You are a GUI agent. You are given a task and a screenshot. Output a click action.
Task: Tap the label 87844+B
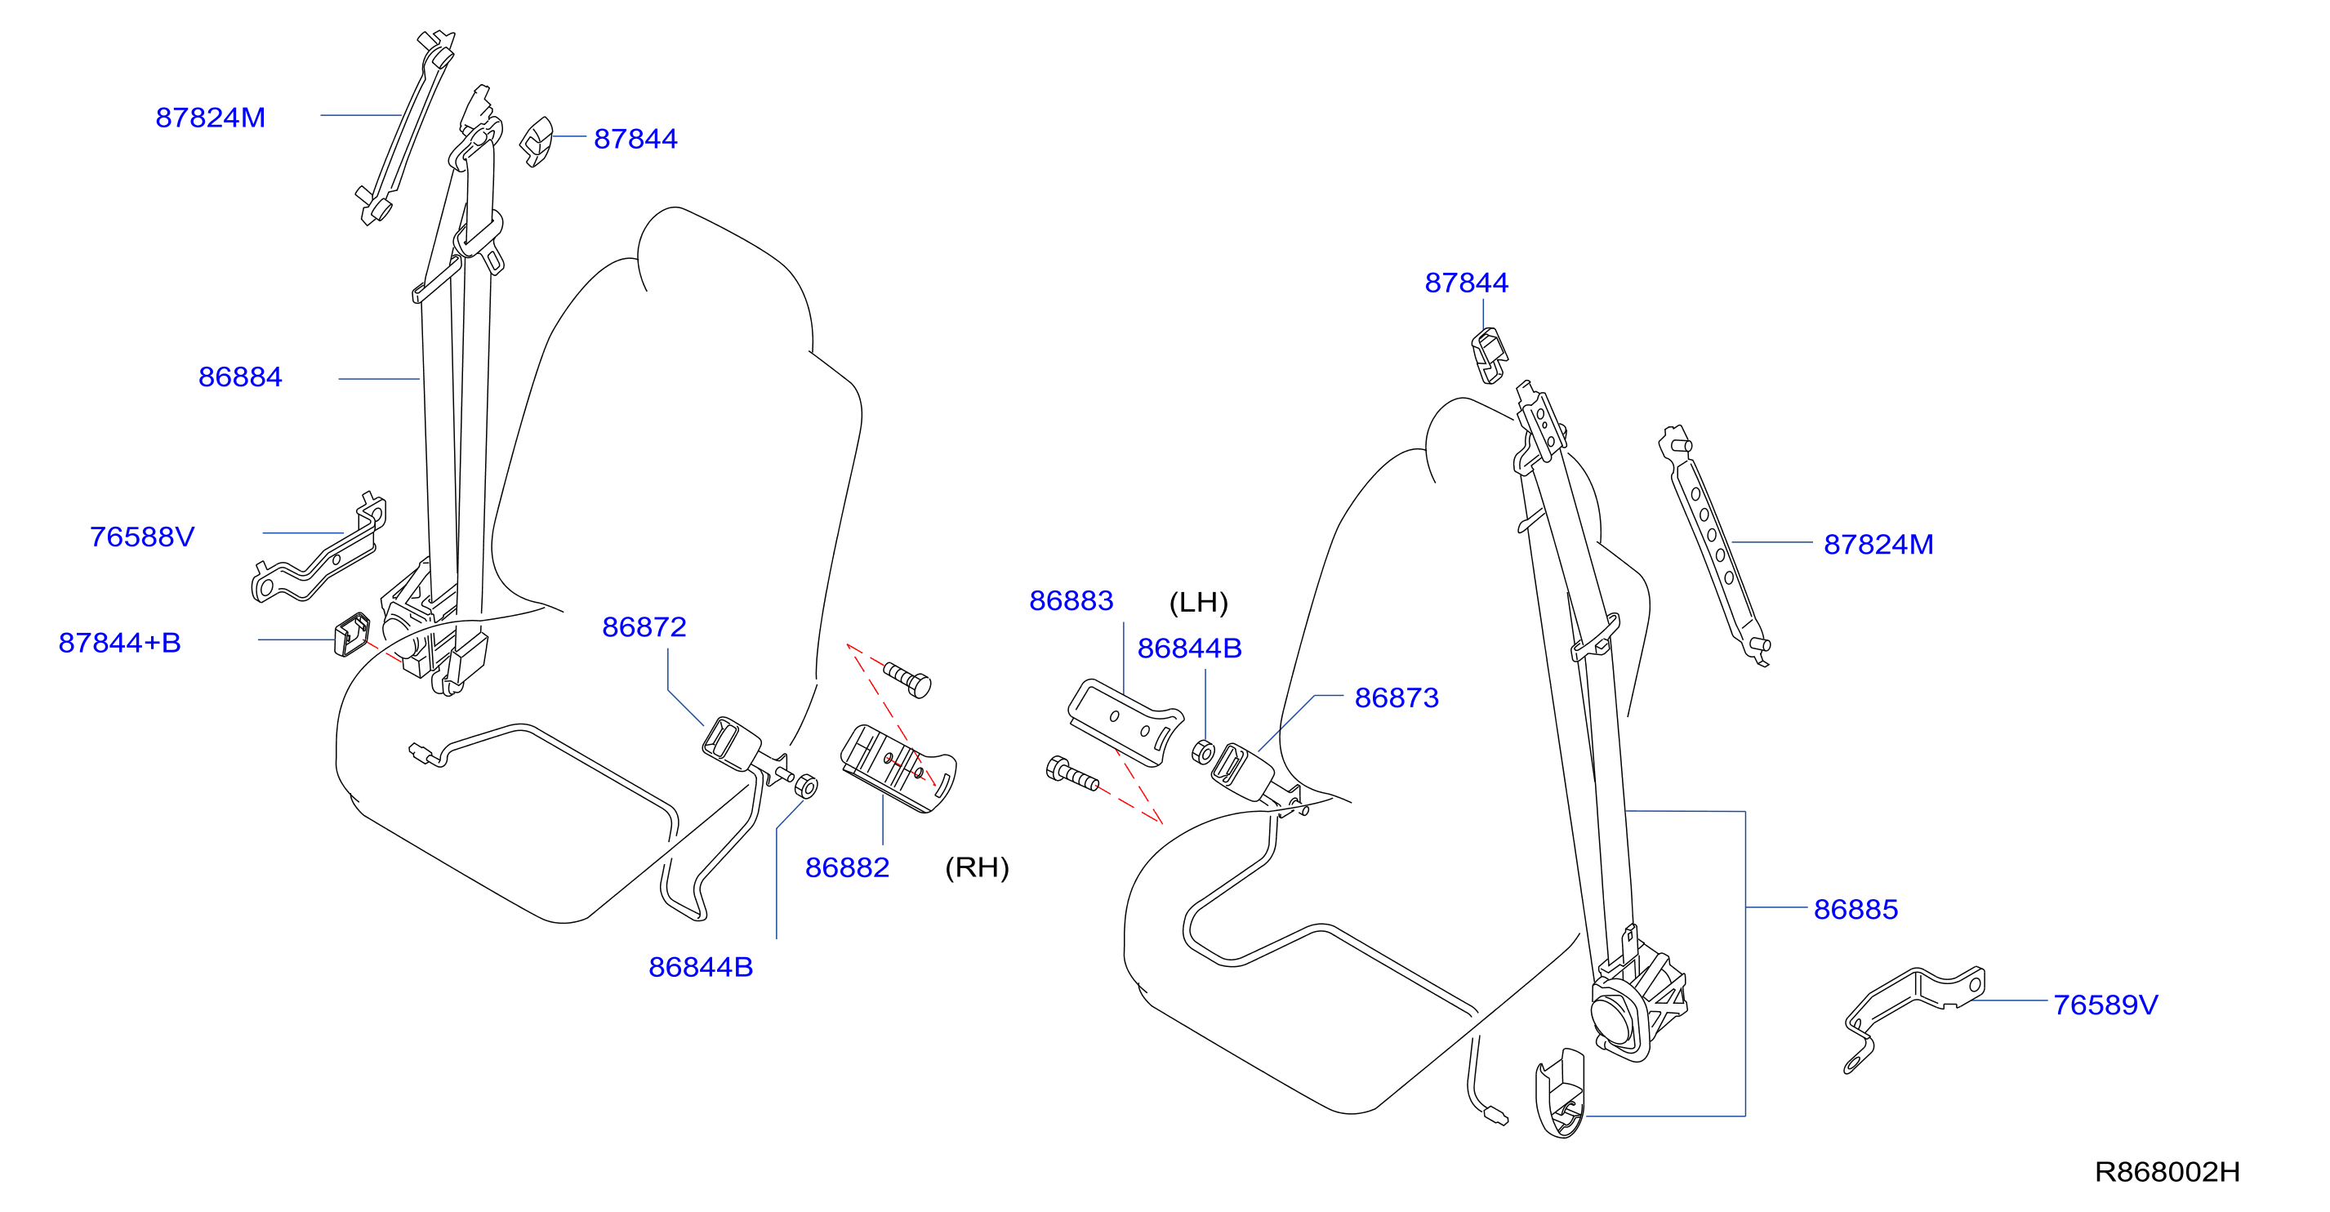[119, 642]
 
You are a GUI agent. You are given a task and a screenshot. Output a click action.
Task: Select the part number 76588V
[142, 537]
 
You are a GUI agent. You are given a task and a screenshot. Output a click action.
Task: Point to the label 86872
[644, 626]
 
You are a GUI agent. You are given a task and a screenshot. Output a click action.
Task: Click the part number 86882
[848, 867]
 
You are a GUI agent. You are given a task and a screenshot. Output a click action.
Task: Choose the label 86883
[1071, 600]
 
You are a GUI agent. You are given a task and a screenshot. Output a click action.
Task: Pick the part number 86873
[1397, 697]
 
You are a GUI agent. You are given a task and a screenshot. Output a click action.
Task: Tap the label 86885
[1856, 909]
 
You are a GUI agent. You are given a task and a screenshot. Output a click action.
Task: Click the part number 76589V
[2105, 1005]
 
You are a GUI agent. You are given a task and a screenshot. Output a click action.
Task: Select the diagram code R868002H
[2167, 1172]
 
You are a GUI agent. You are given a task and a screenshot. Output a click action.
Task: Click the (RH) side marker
[977, 867]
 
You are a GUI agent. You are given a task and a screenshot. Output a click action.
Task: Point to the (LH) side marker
[1198, 603]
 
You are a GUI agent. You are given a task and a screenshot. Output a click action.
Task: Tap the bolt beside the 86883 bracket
[1071, 774]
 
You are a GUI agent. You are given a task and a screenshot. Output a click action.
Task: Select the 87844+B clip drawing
[352, 634]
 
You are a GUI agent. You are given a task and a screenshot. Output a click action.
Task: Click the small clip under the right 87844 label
[1489, 355]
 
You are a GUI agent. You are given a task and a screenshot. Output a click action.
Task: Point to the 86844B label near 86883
[1189, 648]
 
